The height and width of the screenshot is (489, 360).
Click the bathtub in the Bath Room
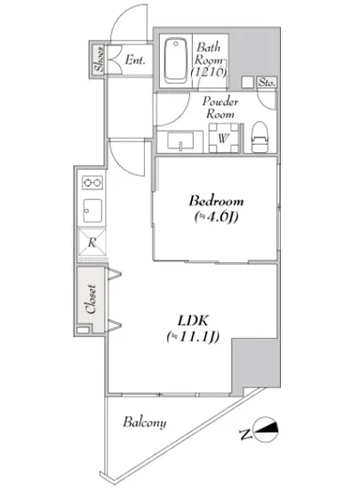[175, 60]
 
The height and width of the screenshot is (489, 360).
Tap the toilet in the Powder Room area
[260, 137]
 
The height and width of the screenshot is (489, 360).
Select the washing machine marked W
[223, 138]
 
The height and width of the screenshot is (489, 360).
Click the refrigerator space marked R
[92, 242]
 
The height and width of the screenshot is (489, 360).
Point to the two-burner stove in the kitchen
[92, 182]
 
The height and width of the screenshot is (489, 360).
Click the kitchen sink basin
[92, 210]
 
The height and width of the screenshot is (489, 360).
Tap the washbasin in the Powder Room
[180, 141]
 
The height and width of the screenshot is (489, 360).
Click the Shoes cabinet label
[100, 59]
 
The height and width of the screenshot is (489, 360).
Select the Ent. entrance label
[135, 60]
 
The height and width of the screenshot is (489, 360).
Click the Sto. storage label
[268, 83]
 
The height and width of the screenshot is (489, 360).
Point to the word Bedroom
[216, 201]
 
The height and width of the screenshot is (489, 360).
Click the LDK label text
[193, 321]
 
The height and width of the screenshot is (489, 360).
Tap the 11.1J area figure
[193, 337]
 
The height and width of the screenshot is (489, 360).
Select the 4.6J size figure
[217, 216]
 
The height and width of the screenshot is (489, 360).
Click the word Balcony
[145, 422]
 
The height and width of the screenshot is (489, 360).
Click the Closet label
[91, 299]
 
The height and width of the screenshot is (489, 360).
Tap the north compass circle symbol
[266, 429]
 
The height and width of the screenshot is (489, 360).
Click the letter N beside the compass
[245, 435]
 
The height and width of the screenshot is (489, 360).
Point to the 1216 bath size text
[208, 72]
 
